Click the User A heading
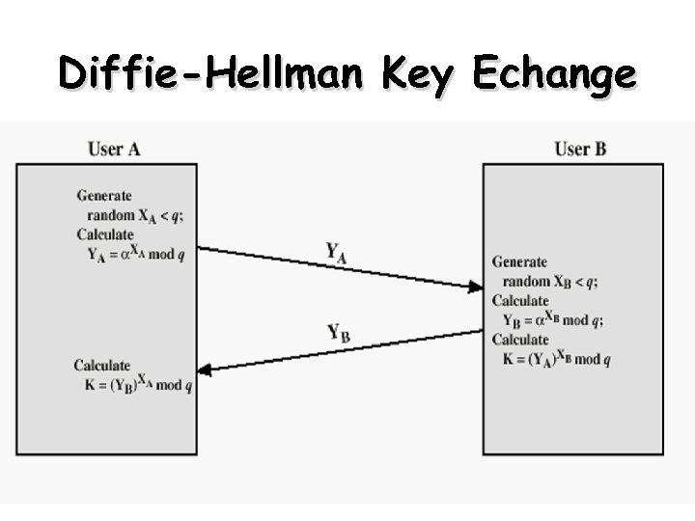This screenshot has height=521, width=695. tap(114, 149)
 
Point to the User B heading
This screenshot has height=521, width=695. tap(580, 149)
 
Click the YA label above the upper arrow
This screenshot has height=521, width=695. tap(337, 252)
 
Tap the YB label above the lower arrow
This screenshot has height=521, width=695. tap(338, 333)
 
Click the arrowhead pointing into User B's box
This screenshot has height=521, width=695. tap(475, 286)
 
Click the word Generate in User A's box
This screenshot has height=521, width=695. tap(104, 196)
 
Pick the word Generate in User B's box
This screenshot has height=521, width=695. tap(519, 261)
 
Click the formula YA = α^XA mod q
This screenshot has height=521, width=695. tap(136, 255)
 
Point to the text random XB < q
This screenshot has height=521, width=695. tap(550, 282)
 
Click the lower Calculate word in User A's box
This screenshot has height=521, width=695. tap(101, 366)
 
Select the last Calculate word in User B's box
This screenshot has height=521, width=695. tap(520, 340)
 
